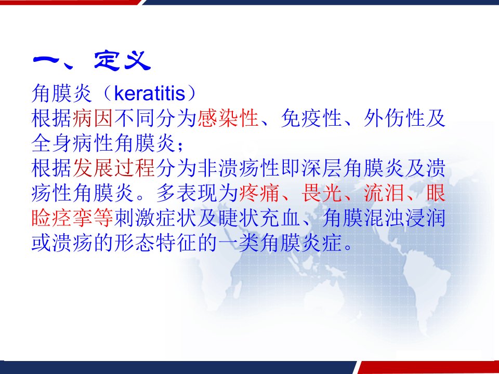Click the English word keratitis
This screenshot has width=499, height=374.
[150, 94]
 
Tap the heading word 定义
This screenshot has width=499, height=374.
[122, 61]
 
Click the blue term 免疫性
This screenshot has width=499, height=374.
[311, 118]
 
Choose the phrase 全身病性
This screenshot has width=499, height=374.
[73, 143]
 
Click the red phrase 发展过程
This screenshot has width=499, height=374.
[114, 168]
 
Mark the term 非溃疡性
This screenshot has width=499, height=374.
[239, 168]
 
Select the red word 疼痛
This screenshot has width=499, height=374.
[259, 193]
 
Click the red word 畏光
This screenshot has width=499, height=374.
[321, 193]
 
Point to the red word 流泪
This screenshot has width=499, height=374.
[384, 193]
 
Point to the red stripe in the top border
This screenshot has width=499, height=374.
[70, 2]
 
